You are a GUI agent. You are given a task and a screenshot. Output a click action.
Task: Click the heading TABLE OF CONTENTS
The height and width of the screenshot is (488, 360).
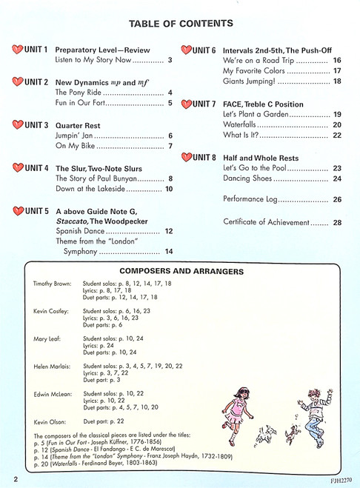tap(180, 24)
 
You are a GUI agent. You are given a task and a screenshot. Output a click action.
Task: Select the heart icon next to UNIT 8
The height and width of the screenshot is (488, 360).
tap(185, 157)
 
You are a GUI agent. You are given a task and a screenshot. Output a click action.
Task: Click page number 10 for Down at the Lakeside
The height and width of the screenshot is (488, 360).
tap(169, 190)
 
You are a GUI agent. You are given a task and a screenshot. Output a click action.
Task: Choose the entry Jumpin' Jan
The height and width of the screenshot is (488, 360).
tap(77, 136)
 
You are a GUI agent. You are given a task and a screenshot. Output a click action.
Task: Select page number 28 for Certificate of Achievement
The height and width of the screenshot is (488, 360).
tap(337, 222)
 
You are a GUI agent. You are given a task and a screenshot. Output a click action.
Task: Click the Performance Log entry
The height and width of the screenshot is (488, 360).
tap(250, 200)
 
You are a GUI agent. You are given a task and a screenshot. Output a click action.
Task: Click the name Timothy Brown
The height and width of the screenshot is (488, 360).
tap(53, 284)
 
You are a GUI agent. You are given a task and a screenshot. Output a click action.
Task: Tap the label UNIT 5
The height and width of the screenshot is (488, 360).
tap(36, 211)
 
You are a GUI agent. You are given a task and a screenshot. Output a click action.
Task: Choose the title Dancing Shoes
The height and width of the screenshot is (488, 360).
tap(250, 178)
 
